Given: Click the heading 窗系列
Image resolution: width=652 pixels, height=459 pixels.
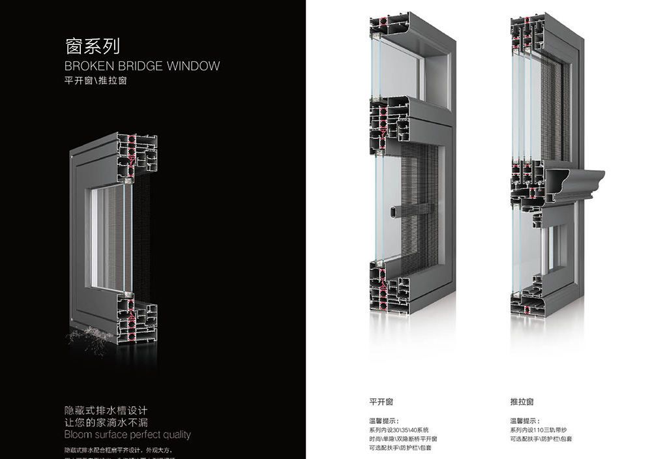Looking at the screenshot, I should tap(93, 46).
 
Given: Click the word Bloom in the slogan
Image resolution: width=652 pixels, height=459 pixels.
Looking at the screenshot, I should tap(78, 434).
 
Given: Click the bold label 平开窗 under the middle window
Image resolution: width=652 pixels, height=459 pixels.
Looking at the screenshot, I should tap(381, 402).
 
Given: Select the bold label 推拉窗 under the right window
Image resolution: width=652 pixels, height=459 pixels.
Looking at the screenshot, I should tap(522, 402).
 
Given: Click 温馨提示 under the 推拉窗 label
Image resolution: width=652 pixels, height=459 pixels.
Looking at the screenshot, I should tap(524, 421).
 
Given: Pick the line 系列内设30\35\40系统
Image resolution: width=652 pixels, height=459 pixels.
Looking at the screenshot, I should tap(399, 430).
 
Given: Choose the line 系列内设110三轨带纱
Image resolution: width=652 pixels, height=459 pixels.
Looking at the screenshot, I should tap(541, 430).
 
